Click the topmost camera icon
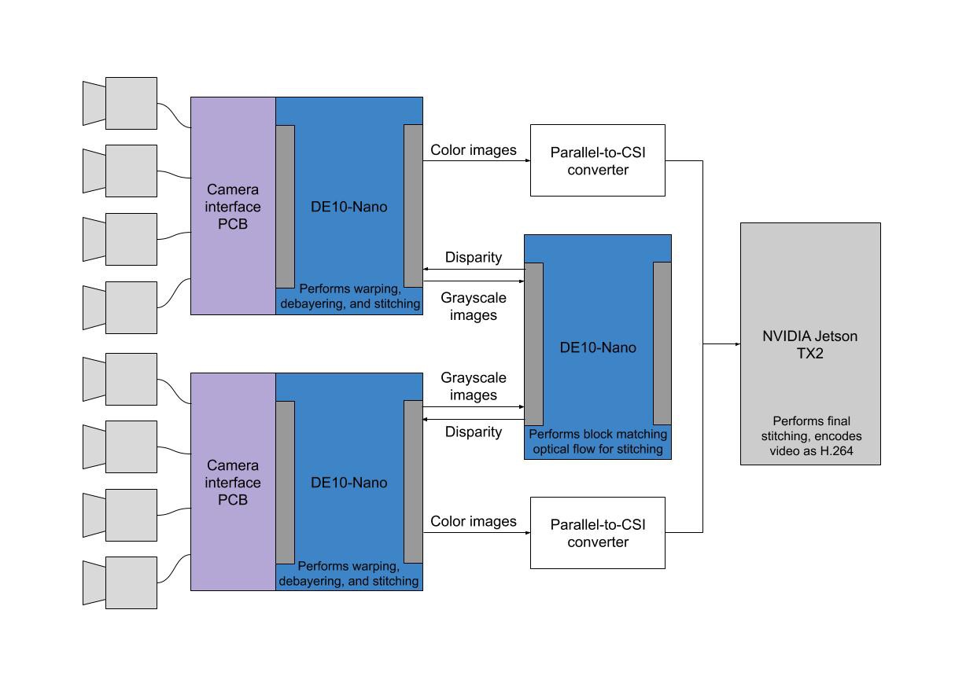(x=120, y=103)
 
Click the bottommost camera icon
(x=120, y=582)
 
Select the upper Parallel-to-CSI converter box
(x=598, y=160)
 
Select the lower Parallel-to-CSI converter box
(x=598, y=533)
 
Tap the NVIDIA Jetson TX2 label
(x=810, y=344)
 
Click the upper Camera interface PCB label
(x=233, y=207)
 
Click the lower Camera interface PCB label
(x=233, y=482)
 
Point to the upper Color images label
(x=474, y=150)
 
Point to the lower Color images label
(x=474, y=521)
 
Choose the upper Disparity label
(x=474, y=257)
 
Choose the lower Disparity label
(x=474, y=432)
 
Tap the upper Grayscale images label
(x=474, y=307)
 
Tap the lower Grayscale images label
(x=474, y=386)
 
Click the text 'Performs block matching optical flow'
(x=598, y=441)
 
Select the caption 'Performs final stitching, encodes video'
(x=811, y=436)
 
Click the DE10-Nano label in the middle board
(x=598, y=347)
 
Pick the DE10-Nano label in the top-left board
(x=348, y=207)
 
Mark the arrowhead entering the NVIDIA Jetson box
(x=738, y=344)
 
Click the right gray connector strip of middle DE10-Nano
(x=662, y=343)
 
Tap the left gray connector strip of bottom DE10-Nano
(x=286, y=482)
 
